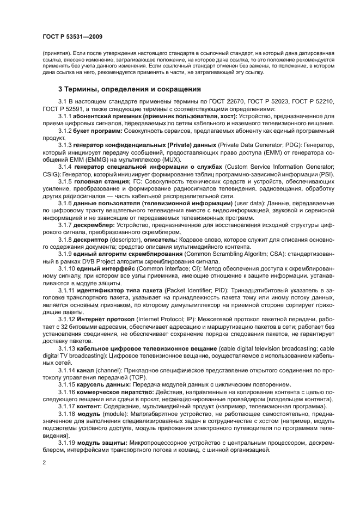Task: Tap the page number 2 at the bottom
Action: click(44, 462)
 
